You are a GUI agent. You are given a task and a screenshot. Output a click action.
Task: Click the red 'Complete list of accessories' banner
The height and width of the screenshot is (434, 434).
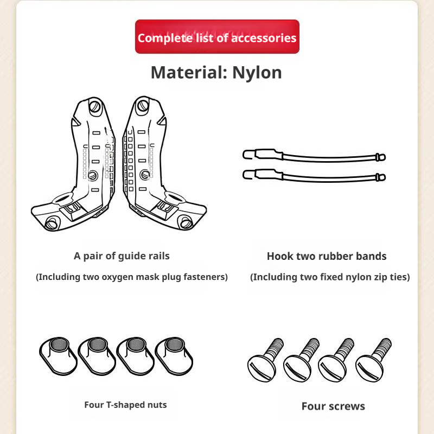pos(217,36)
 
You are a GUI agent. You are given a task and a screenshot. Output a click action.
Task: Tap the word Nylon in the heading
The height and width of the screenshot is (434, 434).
pos(257,73)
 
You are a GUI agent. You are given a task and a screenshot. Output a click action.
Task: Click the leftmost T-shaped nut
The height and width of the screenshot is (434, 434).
pos(58,356)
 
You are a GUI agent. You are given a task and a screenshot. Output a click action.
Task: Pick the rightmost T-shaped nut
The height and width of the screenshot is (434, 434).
pos(174,356)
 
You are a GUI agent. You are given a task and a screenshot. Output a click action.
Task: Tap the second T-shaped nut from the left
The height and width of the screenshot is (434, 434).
pos(97,356)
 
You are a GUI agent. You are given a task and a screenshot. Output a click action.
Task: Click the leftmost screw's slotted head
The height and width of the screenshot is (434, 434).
pos(261,369)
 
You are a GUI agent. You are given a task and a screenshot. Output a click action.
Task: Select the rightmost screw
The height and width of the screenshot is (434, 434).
pos(373,360)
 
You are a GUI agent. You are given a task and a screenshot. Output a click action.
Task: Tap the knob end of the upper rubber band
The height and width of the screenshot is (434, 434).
pos(381,157)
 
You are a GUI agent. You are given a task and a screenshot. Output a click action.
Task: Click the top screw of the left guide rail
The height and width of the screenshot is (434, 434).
pos(94,106)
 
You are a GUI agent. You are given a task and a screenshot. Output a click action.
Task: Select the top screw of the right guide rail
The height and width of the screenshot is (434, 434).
pos(143,105)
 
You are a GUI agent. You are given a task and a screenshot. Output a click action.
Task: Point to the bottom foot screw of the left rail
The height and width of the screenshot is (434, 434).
pos(52,223)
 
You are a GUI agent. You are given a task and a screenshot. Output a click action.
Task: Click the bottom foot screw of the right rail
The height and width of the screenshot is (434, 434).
pos(186,222)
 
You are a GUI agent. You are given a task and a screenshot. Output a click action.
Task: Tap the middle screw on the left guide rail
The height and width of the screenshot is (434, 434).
pos(93,175)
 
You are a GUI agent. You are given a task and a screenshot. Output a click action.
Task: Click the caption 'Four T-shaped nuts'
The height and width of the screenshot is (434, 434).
pos(125,405)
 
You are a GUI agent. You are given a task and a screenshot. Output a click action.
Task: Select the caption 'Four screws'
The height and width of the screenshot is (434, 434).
pos(333,406)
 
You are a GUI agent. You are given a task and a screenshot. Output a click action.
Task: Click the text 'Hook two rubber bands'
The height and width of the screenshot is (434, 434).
pos(327,256)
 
